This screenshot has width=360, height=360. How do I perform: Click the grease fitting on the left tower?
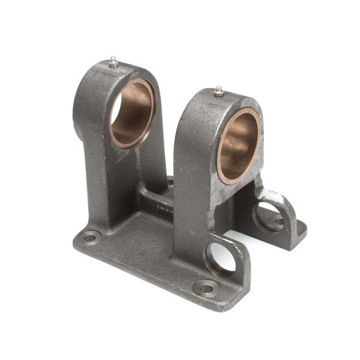click(113, 61)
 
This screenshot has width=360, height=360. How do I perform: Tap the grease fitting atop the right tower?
click(220, 91)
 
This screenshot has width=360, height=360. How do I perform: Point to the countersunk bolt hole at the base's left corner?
click(91, 238)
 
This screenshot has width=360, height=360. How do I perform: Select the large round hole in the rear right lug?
click(268, 215)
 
